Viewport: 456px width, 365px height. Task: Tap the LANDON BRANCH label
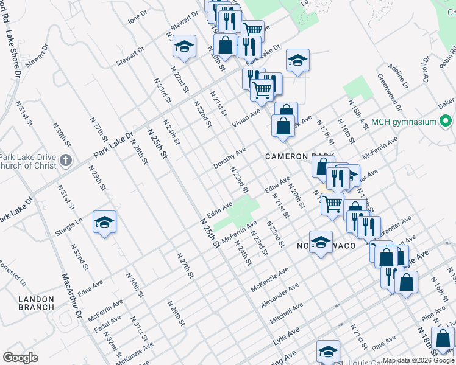pos(37,303)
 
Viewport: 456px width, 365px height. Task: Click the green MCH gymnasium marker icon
pos(447,122)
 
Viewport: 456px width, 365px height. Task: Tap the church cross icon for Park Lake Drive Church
pos(66,161)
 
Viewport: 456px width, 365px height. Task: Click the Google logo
pos(20,357)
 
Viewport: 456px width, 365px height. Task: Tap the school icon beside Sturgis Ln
pos(104,222)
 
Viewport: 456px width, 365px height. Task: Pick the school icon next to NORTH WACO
pos(321,243)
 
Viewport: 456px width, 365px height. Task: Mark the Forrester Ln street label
pos(13,274)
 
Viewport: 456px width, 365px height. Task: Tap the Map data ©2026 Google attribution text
pos(418,360)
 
